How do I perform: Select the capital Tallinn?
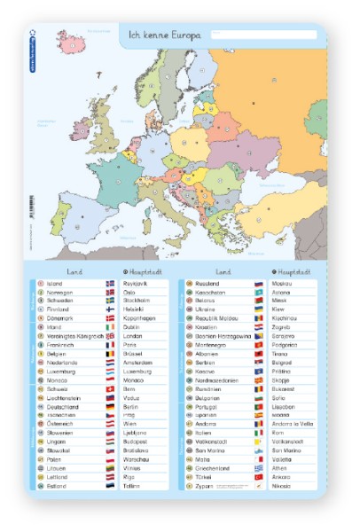135,486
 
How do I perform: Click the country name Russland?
207,284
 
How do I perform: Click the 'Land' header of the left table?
75,271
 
